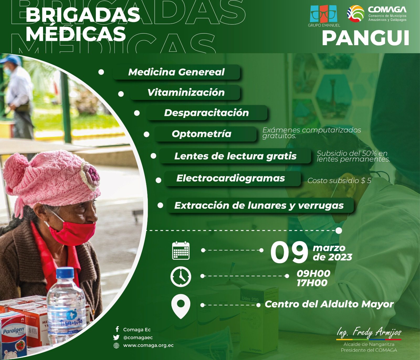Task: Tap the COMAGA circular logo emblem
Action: [356, 13]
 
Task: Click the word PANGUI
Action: [365, 38]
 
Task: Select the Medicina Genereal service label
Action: [176, 72]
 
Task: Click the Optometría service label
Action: [202, 134]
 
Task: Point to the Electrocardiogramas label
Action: [230, 178]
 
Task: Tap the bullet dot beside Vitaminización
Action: [121, 94]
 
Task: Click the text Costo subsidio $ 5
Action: [339, 181]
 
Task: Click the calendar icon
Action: [181, 251]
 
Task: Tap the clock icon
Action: [181, 276]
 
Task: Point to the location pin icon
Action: [181, 305]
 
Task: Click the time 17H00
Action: [312, 283]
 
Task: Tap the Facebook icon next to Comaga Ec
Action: [117, 329]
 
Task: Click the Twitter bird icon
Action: [116, 337]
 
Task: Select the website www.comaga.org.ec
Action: [148, 346]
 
